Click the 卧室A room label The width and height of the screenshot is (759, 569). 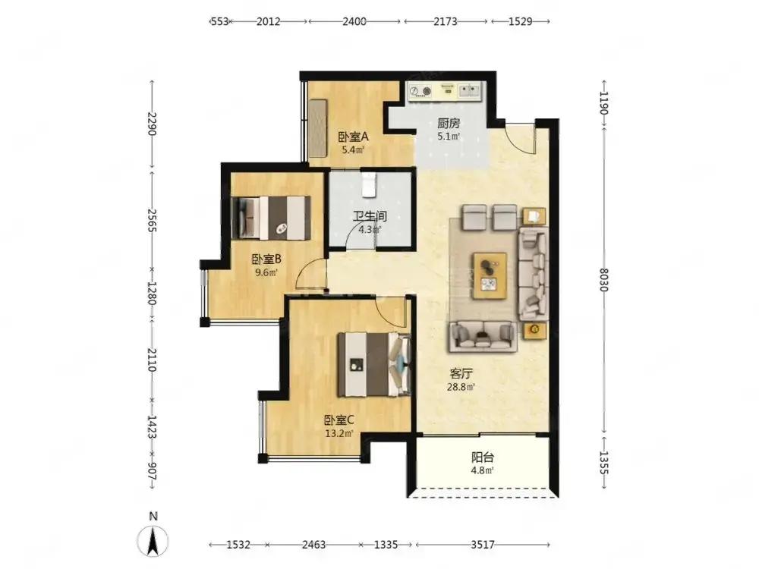point(353,137)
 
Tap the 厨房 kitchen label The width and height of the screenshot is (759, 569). point(449,124)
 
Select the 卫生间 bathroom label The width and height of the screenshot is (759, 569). point(370,216)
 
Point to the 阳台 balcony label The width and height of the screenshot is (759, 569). point(483,457)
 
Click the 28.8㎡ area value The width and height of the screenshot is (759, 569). point(461,387)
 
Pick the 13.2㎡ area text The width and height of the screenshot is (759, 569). point(339,433)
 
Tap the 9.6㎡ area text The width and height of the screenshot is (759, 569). point(266,272)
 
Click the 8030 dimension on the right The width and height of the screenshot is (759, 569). point(603,279)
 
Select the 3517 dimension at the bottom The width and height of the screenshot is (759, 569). point(483,545)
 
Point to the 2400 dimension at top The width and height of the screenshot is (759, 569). point(354,21)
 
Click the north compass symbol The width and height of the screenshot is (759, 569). point(153,539)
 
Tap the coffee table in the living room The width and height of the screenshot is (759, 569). point(490,275)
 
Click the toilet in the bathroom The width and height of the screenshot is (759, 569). point(370,184)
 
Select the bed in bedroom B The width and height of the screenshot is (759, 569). point(271,218)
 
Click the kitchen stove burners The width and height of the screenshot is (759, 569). point(420,90)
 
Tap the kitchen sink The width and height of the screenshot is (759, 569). point(469,90)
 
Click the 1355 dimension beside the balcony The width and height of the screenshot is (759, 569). point(603,463)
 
